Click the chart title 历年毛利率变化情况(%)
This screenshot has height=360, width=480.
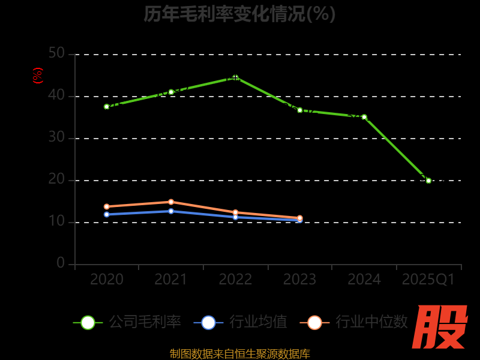(239, 14)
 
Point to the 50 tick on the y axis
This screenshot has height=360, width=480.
(56, 53)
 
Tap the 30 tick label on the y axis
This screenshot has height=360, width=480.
(56, 137)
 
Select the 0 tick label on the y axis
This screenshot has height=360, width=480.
(61, 263)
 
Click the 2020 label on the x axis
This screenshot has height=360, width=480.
(107, 280)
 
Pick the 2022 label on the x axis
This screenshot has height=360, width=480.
(235, 280)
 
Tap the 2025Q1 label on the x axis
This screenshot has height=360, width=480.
(428, 280)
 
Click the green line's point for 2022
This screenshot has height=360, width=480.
(235, 77)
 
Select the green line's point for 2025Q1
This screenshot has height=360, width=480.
(428, 180)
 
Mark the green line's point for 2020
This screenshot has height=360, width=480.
(107, 107)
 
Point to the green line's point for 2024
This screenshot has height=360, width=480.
(364, 117)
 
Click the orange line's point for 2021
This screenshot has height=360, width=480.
(171, 202)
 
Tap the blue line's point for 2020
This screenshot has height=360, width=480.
(107, 214)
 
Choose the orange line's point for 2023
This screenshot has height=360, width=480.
(300, 218)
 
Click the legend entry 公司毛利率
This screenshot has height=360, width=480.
(127, 322)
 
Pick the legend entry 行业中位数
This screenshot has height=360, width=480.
(354, 322)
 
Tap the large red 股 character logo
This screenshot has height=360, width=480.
(441, 327)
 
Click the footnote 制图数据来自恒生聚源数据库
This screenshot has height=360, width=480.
(240, 353)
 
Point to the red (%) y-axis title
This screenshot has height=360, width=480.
(38, 76)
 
